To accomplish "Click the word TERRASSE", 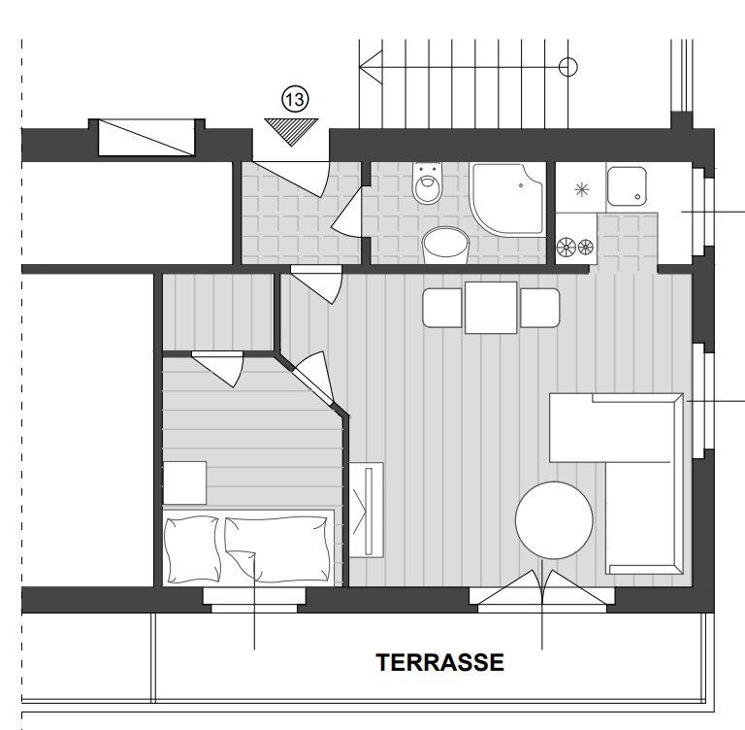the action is coord(439,662).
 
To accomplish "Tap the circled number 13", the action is coord(295,99).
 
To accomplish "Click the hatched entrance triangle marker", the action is coord(291,131).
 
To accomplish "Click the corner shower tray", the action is coord(507,199).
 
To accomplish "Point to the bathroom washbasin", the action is coord(445,245).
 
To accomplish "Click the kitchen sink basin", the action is coord(627,186).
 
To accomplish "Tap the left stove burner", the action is coord(566,248).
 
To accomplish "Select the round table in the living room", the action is coord(554,519).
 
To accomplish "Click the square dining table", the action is coord(491,308).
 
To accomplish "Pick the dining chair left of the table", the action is coord(442,308).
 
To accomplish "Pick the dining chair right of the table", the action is coord(539,308).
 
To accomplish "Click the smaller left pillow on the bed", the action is coord(192,549).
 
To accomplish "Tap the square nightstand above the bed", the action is coord(185,482).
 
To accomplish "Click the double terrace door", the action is coord(541,588).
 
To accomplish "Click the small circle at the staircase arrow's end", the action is coord(567,67).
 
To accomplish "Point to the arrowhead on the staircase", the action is coord(371,67).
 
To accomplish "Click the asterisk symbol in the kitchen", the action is coord(582,189).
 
